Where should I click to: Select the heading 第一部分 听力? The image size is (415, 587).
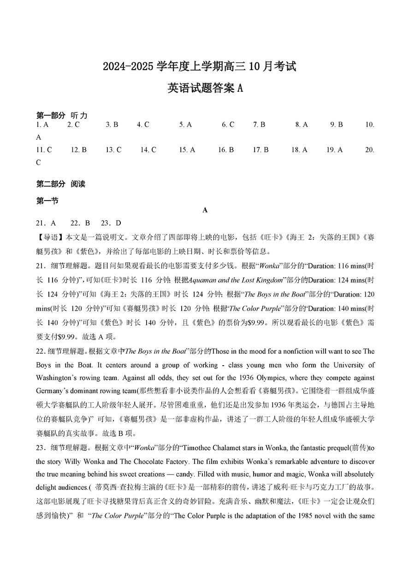(x=62, y=115)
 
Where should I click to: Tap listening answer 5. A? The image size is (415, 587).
(x=185, y=125)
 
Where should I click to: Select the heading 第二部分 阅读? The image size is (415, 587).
(x=61, y=184)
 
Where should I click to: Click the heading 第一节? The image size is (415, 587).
(x=47, y=201)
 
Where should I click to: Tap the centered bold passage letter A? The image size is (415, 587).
(x=205, y=210)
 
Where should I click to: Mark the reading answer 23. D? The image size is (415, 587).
(x=111, y=223)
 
